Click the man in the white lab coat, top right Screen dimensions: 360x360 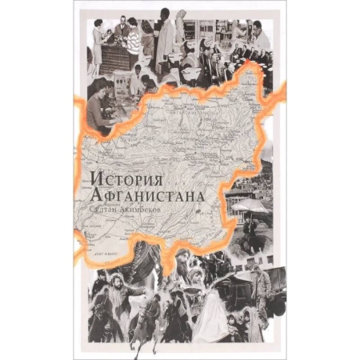pyautogui.click(x=262, y=40)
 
